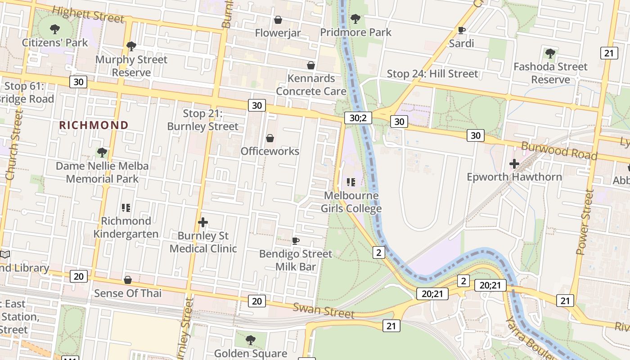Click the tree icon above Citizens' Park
click(x=55, y=30)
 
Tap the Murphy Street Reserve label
click(x=131, y=66)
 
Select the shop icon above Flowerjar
click(x=278, y=20)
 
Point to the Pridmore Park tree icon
click(x=355, y=19)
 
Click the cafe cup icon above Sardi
click(x=461, y=30)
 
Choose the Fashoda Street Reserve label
click(x=550, y=73)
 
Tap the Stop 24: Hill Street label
click(x=432, y=73)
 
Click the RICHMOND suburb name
click(x=94, y=125)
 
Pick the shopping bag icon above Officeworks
click(x=270, y=138)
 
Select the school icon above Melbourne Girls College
click(x=351, y=182)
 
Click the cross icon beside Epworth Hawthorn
click(x=514, y=164)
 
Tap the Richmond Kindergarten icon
click(x=126, y=208)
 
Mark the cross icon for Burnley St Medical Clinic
click(x=203, y=222)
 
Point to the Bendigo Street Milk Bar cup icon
click(x=296, y=241)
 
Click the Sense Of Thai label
click(x=128, y=293)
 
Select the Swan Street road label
click(x=324, y=310)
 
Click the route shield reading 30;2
click(x=358, y=118)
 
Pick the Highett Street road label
click(x=88, y=14)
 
